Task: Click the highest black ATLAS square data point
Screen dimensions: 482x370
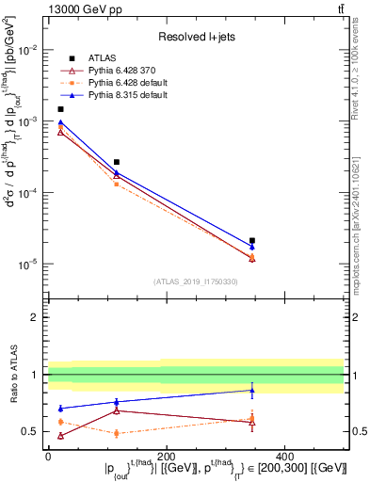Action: coord(61,109)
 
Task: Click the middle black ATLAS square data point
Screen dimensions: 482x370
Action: coord(116,162)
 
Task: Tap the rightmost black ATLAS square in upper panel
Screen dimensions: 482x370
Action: coord(252,241)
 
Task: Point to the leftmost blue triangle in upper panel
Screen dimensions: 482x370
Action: coord(61,122)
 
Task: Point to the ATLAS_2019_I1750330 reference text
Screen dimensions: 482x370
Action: coord(195,281)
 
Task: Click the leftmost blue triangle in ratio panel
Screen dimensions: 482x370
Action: coord(61,409)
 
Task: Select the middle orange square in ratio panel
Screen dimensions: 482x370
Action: coord(116,433)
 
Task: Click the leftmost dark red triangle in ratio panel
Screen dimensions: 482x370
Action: coord(61,436)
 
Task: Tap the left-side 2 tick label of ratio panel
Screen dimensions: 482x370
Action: coord(35,317)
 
